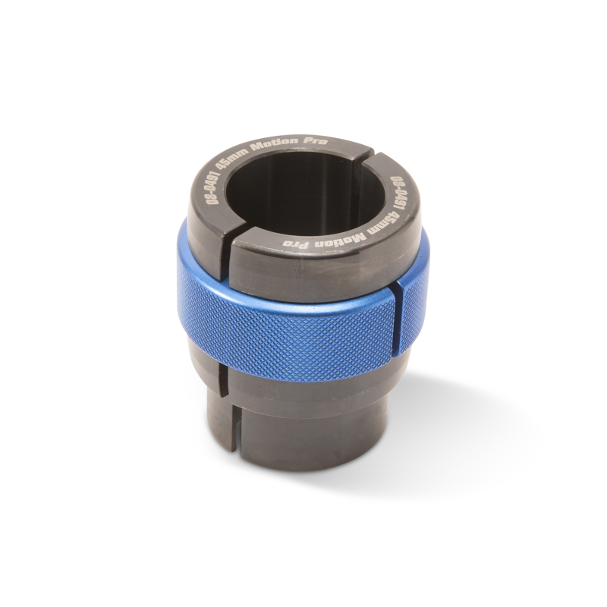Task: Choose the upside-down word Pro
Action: (297, 244)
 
